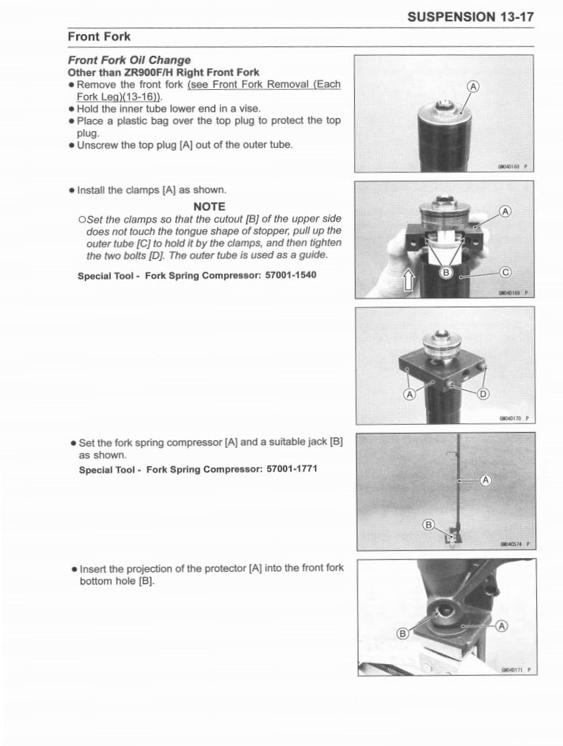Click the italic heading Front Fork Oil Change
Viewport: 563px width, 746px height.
[x=129, y=60]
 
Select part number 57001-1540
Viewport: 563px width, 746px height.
[x=281, y=275]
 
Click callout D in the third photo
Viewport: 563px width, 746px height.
[x=483, y=394]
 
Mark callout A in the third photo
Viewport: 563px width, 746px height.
[x=408, y=394]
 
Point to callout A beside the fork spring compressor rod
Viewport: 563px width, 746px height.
[x=485, y=480]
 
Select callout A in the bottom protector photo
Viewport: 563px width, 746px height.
[x=501, y=625]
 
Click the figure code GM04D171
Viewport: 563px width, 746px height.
[x=511, y=670]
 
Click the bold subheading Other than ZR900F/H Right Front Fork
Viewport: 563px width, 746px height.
[x=163, y=72]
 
